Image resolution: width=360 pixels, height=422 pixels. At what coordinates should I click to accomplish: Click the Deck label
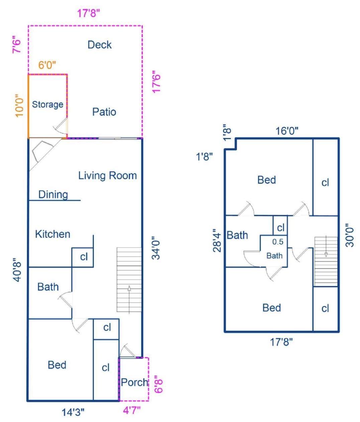99,45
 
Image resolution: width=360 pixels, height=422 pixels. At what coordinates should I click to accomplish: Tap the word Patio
104,112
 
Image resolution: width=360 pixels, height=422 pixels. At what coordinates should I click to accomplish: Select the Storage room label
48,104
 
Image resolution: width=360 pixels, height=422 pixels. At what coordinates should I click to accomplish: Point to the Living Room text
107,175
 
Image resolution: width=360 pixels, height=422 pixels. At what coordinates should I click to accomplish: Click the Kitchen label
53,234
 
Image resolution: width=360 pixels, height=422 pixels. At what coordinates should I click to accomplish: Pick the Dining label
53,194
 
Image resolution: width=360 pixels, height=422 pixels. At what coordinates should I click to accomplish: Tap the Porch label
134,382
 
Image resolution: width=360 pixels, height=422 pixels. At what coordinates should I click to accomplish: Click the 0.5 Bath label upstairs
275,249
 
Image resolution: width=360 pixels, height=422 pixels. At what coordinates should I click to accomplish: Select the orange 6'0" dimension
47,65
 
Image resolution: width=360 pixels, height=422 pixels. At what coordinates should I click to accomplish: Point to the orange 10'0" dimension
20,105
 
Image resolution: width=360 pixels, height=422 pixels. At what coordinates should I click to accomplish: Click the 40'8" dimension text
18,270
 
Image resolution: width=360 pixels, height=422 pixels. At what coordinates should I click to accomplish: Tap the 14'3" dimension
73,412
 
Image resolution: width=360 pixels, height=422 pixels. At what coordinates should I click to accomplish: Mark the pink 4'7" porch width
132,410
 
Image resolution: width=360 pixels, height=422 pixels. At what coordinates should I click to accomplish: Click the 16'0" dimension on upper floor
287,131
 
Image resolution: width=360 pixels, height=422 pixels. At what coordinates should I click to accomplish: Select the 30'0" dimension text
350,235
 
